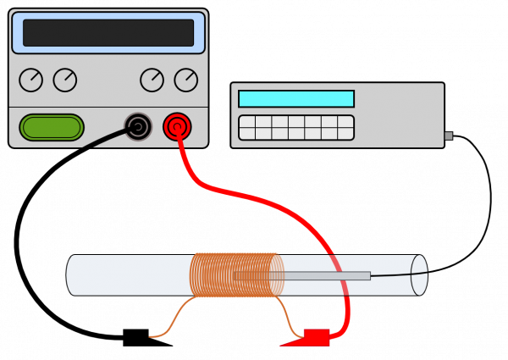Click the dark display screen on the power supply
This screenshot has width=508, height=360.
108,33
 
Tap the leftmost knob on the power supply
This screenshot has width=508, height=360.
30,80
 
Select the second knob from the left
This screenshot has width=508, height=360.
65,80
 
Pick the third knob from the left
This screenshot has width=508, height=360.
152,80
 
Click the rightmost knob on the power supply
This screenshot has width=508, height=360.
186,80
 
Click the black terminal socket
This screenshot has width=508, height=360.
138,127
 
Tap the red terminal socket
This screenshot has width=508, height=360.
177,127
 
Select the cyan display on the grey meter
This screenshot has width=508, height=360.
296,98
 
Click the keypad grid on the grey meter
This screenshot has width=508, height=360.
296,127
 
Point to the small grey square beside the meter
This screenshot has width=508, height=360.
449,136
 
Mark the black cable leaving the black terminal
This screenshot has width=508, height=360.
106,139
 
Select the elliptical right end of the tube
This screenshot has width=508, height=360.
419,274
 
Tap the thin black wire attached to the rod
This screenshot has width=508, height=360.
391,274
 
